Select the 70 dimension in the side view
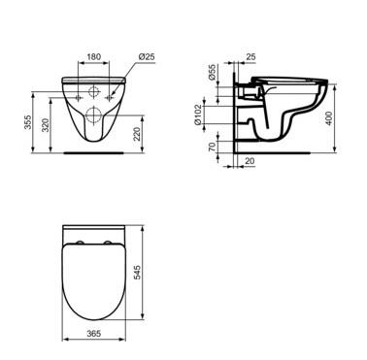(211, 148)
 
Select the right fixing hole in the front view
(107, 94)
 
